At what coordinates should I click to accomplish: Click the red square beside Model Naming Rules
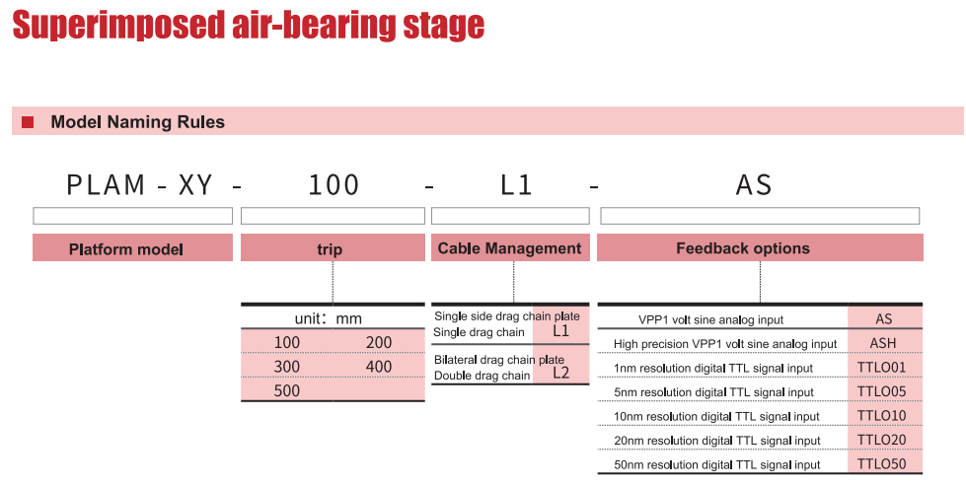pos(28,122)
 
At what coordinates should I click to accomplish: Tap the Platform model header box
pos(132,247)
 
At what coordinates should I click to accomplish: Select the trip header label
pos(330,249)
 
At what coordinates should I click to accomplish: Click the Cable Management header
pos(510,247)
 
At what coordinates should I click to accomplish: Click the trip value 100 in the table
pos(287,343)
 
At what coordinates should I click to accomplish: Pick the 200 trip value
pos(379,343)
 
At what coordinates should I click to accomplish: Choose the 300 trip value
pos(287,367)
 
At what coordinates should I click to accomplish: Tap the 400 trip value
pos(379,367)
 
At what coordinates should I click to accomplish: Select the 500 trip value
pos(287,390)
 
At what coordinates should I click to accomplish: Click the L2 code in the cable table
pos(560,373)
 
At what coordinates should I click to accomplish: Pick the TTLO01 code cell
pos(881,368)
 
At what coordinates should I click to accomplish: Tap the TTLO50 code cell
pos(881,464)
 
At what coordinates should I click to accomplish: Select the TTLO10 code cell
pos(881,416)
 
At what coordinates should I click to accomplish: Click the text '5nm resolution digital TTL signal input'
pos(713,392)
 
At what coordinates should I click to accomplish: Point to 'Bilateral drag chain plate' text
pos(499,360)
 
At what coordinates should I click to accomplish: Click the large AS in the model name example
pos(754,185)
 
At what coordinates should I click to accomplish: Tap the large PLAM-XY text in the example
pos(140,185)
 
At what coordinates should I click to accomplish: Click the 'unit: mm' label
pos(329,318)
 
